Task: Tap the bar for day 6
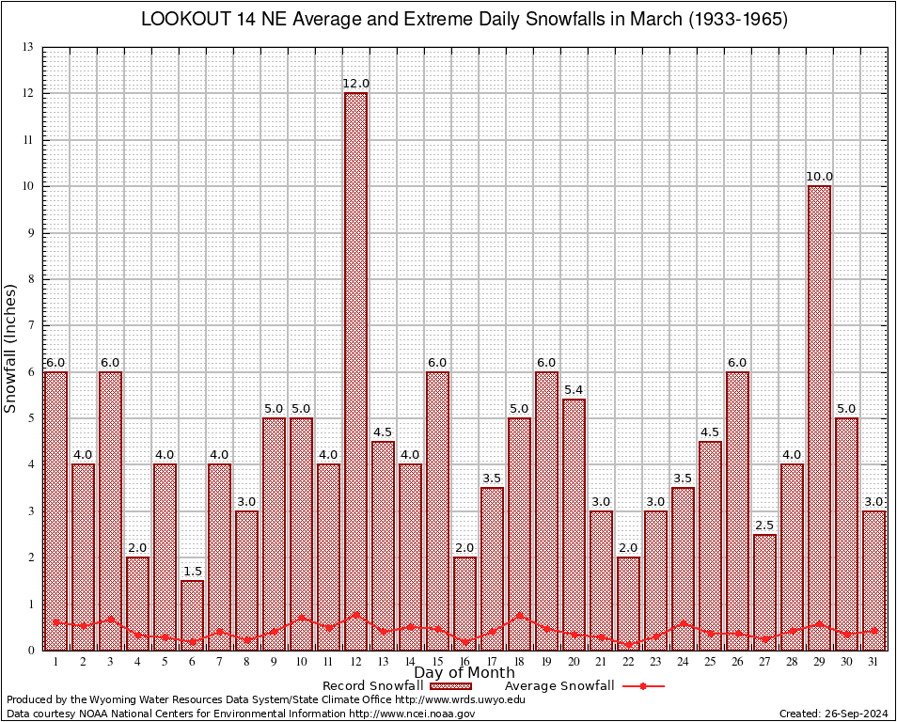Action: (192, 615)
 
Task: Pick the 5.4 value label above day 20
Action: (574, 390)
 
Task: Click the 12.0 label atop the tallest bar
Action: (355, 84)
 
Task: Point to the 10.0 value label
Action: (819, 177)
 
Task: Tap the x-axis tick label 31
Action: (873, 662)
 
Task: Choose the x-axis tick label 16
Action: (464, 662)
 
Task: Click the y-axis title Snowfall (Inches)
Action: (10, 348)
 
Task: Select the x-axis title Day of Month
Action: (464, 673)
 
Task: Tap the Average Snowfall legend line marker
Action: (642, 686)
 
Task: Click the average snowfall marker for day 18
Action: (519, 616)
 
